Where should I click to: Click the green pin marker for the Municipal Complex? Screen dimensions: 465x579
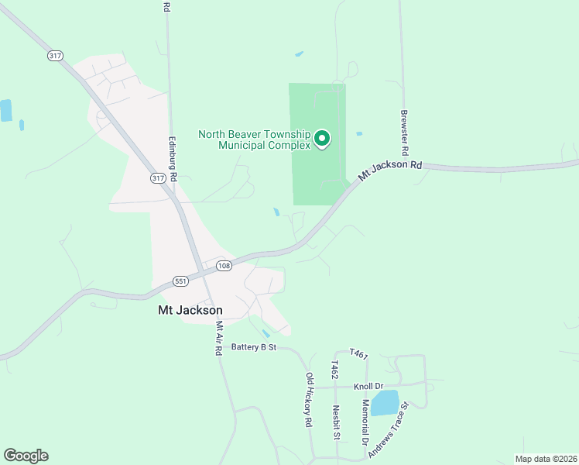[322, 139]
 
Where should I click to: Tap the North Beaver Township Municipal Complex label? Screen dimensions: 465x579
[254, 139]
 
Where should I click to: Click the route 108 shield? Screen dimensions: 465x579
[223, 266]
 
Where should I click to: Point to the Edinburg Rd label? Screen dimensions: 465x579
[173, 160]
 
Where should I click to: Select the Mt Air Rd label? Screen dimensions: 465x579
[219, 338]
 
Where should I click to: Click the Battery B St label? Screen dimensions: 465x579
[254, 347]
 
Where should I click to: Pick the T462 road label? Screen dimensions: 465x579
[334, 370]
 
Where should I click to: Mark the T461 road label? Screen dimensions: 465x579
[358, 353]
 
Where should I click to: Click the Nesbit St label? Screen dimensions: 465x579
[337, 422]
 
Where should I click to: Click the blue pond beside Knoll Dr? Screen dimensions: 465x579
[385, 403]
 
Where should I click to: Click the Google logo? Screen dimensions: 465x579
[26, 455]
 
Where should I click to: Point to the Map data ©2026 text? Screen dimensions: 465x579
[546, 459]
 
